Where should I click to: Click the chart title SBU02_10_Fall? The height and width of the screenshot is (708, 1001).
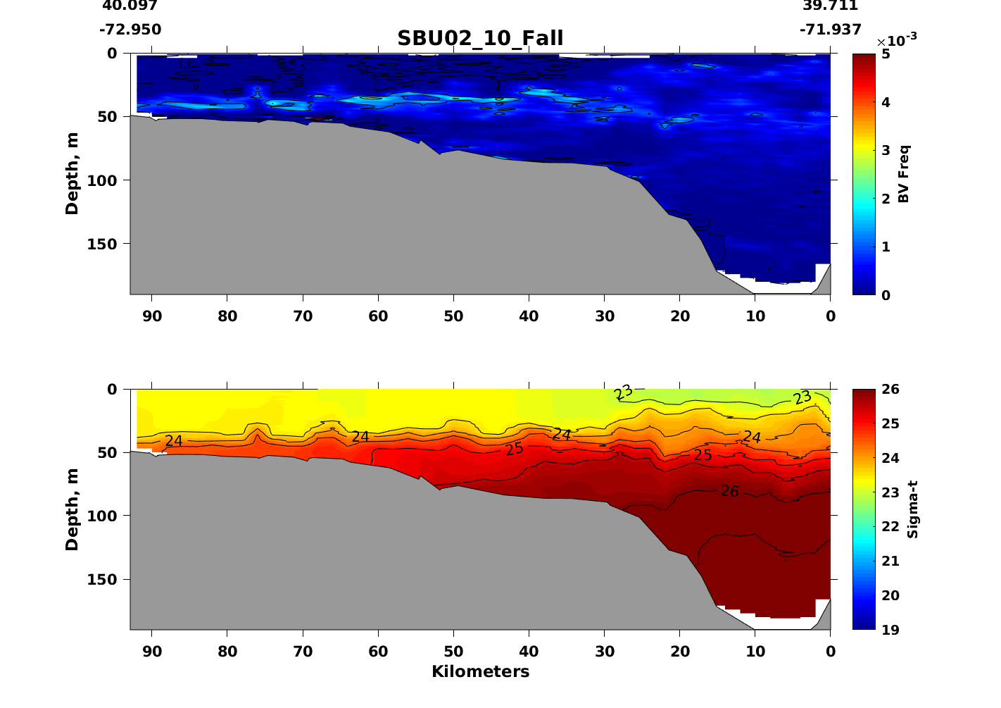(x=480, y=38)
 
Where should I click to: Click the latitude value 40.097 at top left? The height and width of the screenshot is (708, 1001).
(x=130, y=6)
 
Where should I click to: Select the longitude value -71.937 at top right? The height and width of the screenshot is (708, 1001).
(x=831, y=30)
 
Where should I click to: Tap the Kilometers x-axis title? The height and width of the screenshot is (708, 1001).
(x=480, y=671)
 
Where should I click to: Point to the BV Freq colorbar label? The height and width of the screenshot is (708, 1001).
(x=905, y=173)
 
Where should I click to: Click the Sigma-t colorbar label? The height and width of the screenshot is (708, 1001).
(x=912, y=509)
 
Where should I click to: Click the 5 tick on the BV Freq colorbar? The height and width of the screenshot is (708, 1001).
(x=886, y=54)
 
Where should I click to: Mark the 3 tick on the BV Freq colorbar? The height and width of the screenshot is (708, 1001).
(x=886, y=150)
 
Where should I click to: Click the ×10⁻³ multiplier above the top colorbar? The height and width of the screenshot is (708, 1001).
(x=896, y=40)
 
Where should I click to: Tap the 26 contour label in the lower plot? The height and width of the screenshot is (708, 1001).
(x=730, y=491)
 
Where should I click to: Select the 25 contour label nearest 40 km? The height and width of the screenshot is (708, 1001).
(x=515, y=448)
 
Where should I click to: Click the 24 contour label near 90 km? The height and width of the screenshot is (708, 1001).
(x=174, y=441)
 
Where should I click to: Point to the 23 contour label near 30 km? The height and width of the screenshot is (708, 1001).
(x=623, y=392)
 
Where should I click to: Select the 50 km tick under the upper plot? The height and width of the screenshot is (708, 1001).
(x=453, y=316)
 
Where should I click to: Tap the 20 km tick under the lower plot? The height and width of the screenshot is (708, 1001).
(x=680, y=652)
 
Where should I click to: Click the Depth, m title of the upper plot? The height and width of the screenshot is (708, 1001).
(x=72, y=173)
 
